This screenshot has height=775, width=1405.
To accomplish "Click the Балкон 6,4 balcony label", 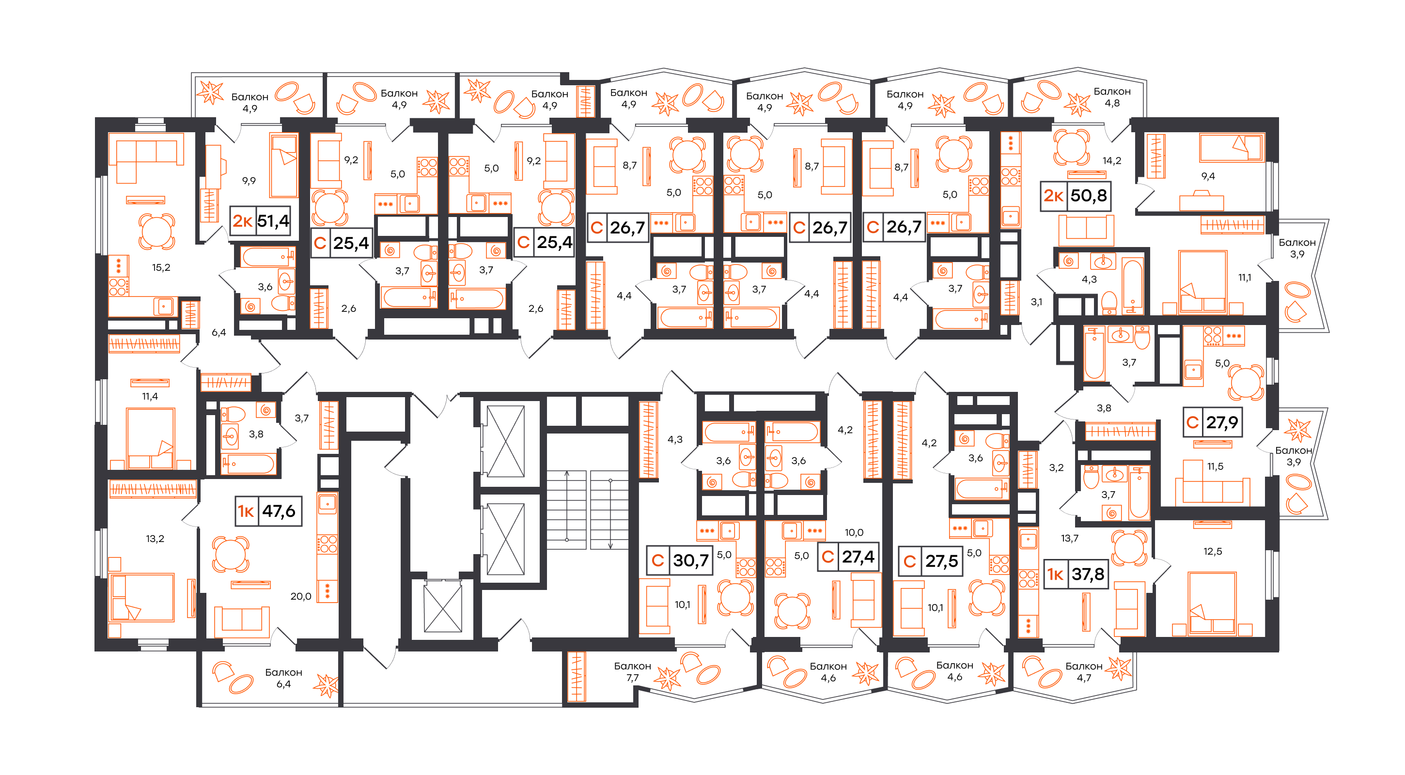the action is point(283,678).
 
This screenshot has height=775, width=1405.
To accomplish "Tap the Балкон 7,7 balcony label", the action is point(633,672).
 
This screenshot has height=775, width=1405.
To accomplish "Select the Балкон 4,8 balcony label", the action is point(1112,97).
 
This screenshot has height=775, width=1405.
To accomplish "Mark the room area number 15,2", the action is point(161,267).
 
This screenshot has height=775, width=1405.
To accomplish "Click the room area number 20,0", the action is point(301,597).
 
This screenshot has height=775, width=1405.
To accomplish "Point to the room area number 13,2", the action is point(155,539).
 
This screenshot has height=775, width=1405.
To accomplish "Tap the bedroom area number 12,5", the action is point(1213,551).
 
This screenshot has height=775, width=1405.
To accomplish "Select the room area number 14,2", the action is point(1111,160).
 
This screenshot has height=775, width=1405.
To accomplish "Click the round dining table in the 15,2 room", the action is point(156,231).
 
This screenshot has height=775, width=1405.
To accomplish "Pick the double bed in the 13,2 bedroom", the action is point(142,597).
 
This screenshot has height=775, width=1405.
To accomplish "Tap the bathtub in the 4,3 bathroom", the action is point(1133,286).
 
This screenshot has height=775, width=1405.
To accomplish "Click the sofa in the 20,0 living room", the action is point(242,622).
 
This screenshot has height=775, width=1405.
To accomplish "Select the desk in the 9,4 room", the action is point(1202,201).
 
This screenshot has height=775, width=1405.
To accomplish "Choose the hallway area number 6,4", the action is point(219,332).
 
